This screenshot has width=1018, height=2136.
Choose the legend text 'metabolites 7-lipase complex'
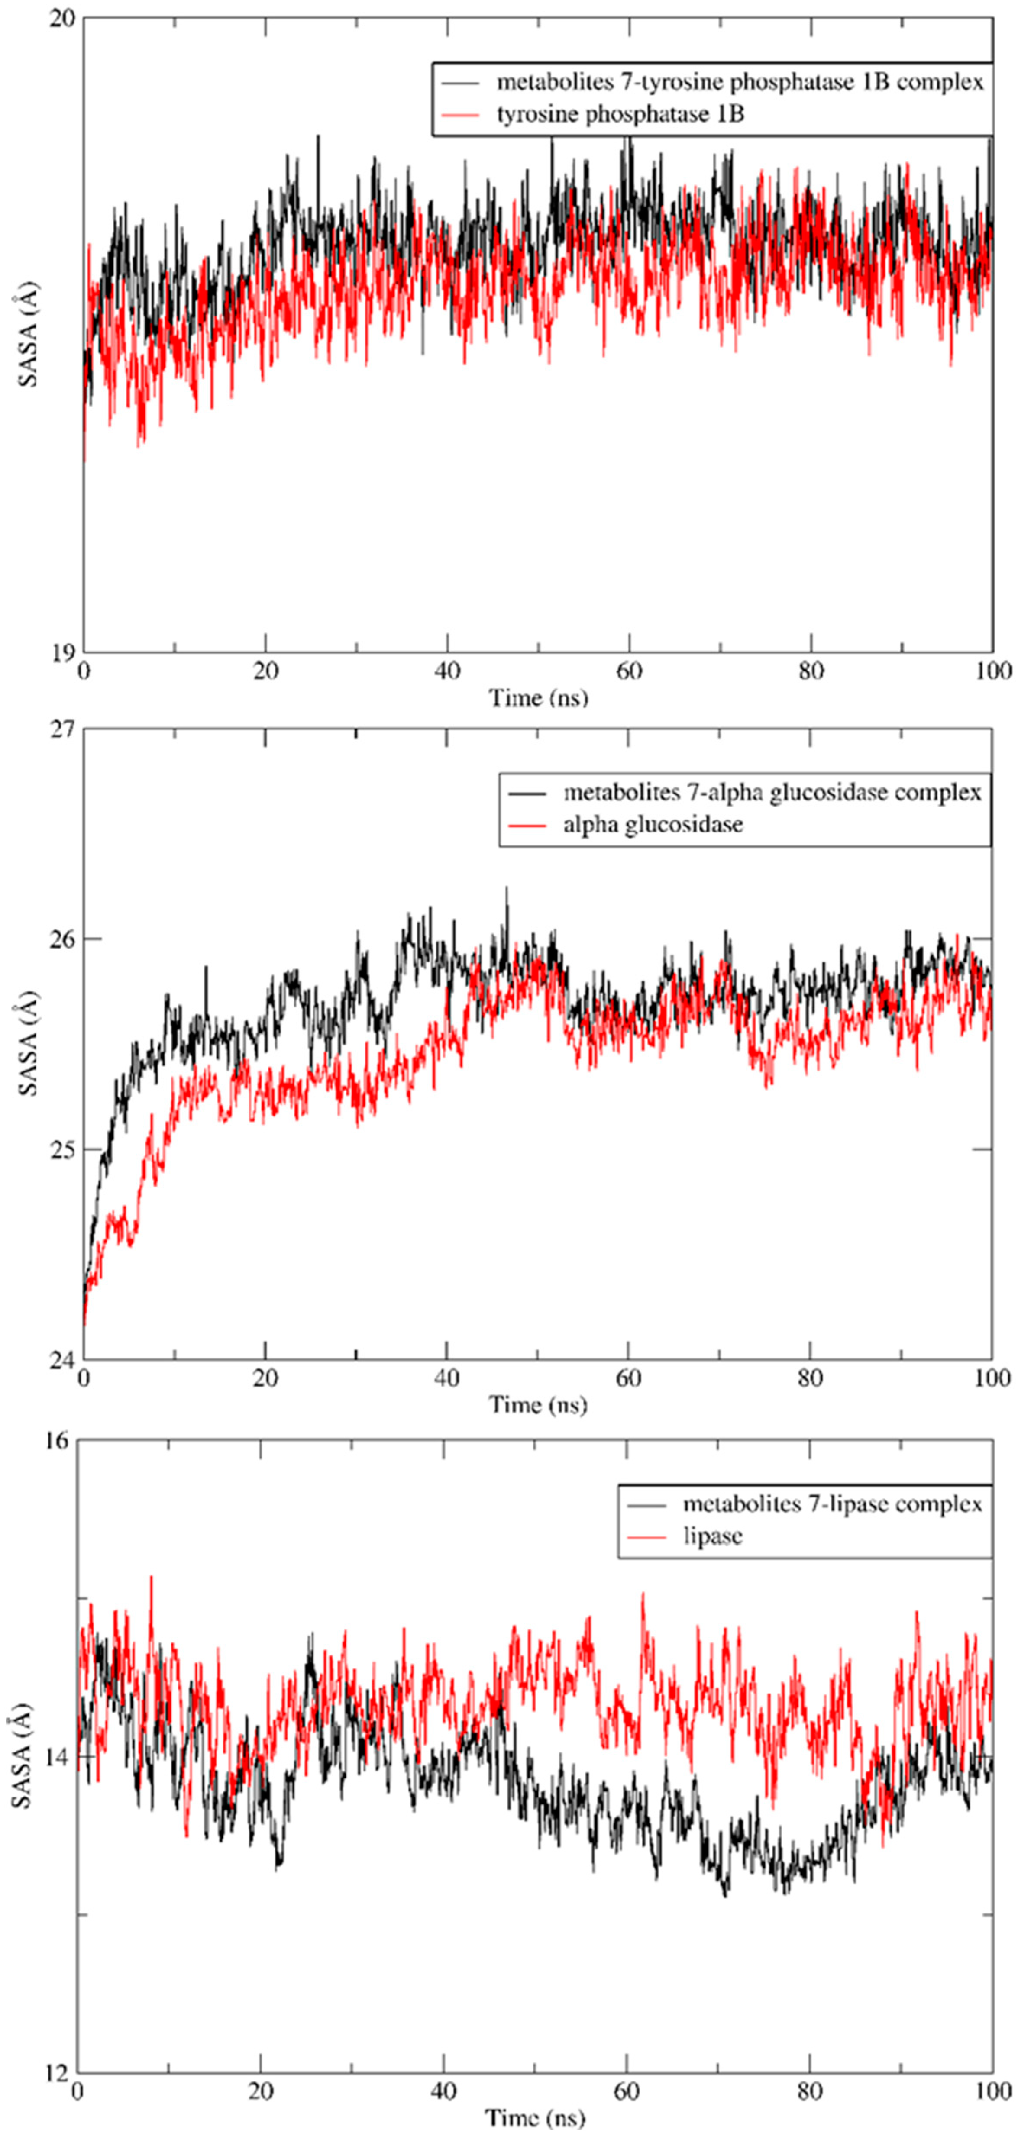(832, 1504)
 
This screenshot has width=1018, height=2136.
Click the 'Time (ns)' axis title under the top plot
(539, 698)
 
